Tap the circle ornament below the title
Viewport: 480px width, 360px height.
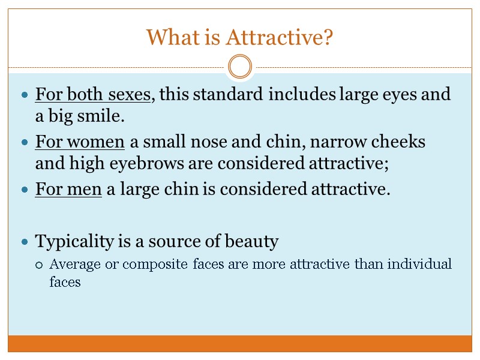240,66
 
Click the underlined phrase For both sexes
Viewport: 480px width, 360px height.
94,95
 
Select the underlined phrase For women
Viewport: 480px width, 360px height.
80,142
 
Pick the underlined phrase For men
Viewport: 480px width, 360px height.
69,190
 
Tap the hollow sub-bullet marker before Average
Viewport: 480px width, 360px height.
40,265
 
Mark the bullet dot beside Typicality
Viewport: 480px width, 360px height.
24,242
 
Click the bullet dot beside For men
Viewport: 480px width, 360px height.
24,191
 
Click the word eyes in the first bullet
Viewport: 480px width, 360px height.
401,95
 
